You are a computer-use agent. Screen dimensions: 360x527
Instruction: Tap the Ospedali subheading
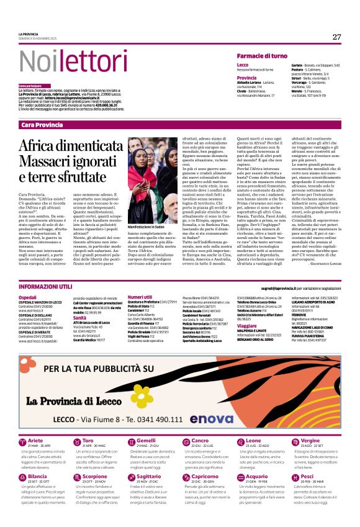coord(29,299)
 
